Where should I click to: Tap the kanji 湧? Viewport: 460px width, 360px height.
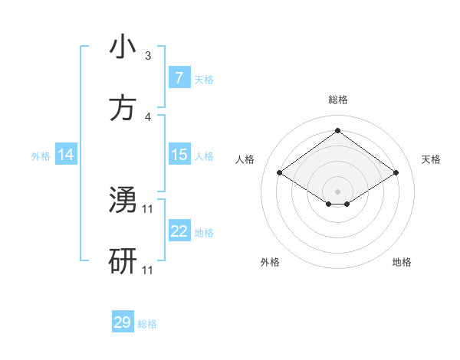pyautogui.click(x=123, y=200)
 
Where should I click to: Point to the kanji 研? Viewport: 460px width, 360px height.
pyautogui.click(x=123, y=261)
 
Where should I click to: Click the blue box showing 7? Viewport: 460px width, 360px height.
pyautogui.click(x=179, y=77)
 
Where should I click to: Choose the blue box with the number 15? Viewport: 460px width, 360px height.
pyautogui.click(x=179, y=155)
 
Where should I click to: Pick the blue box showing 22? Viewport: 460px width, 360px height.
pyautogui.click(x=179, y=231)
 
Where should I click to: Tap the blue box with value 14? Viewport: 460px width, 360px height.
pyautogui.click(x=66, y=155)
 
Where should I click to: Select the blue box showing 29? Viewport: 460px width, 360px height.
pyautogui.click(x=123, y=322)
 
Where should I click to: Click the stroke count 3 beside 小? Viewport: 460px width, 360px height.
pyautogui.click(x=148, y=56)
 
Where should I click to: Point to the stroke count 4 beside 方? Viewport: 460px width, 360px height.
pyautogui.click(x=148, y=117)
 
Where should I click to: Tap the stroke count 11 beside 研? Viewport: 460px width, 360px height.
pyautogui.click(x=148, y=270)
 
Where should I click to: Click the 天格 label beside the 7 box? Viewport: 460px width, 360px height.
pyautogui.click(x=204, y=79)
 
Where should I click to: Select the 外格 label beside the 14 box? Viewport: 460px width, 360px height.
pyautogui.click(x=41, y=156)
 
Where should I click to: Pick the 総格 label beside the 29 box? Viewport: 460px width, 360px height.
pyautogui.click(x=147, y=324)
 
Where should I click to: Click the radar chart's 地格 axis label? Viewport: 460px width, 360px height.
pyautogui.click(x=402, y=262)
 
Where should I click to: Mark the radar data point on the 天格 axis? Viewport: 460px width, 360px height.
pyautogui.click(x=396, y=173)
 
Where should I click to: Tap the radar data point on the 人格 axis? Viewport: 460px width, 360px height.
pyautogui.click(x=280, y=173)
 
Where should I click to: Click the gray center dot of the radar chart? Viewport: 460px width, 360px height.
pyautogui.click(x=337, y=191)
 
